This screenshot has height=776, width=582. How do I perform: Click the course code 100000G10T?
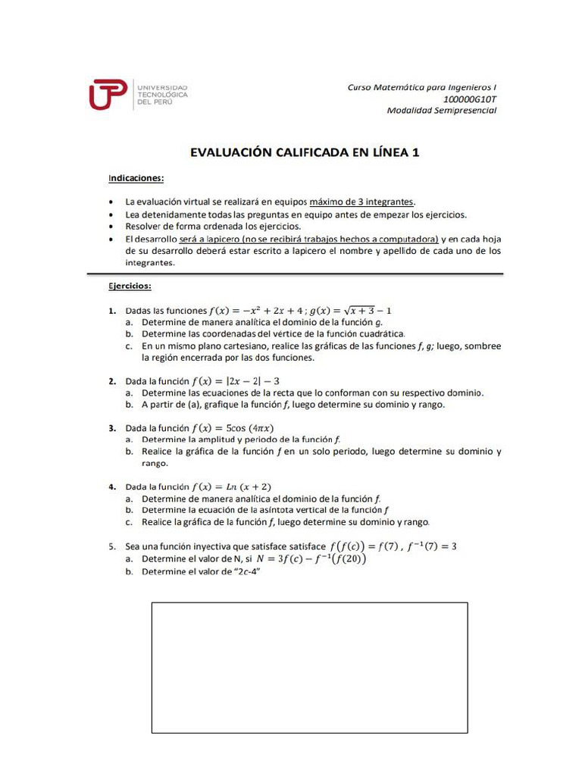(x=469, y=99)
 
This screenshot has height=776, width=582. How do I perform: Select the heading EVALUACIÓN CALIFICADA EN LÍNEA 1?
(x=304, y=152)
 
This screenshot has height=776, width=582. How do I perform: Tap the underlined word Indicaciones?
(x=136, y=179)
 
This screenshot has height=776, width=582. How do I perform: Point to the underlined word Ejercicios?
(x=130, y=286)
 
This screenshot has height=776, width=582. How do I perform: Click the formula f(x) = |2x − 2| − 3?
(x=236, y=380)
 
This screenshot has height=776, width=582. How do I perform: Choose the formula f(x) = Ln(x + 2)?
(x=232, y=487)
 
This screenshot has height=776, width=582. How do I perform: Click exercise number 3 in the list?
(x=111, y=427)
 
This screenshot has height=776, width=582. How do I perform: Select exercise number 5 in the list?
(x=111, y=546)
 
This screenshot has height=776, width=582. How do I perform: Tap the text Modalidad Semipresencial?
(x=442, y=111)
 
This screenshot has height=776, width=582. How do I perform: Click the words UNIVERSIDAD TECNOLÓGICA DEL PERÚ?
(x=161, y=95)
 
